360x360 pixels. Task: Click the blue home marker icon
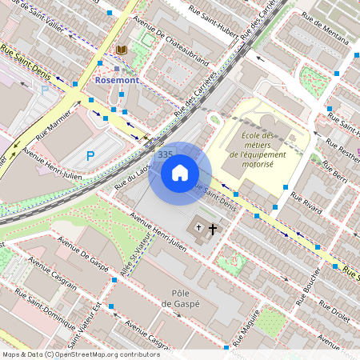point(180,173)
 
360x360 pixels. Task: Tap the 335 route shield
point(166,154)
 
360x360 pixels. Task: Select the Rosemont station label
point(117,81)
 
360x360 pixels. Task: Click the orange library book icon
point(122,50)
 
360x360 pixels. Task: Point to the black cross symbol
point(213,230)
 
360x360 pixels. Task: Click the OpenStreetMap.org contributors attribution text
point(104,354)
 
